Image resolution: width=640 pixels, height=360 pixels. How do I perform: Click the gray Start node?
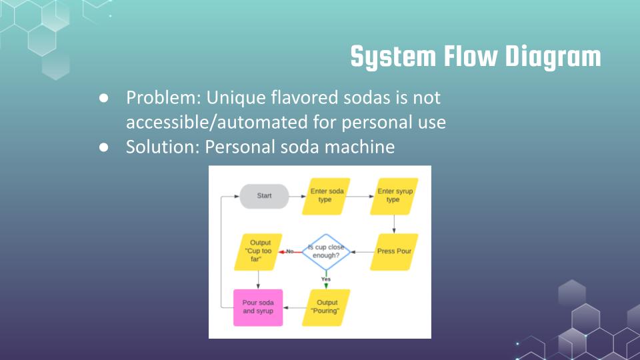click(x=264, y=196)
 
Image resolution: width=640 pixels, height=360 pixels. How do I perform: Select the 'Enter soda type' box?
click(x=326, y=196)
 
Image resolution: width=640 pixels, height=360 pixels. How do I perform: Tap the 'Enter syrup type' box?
click(x=394, y=196)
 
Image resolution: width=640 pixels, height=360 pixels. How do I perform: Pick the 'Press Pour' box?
click(x=394, y=252)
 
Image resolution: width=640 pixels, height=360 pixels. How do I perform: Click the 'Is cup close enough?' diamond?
click(x=326, y=252)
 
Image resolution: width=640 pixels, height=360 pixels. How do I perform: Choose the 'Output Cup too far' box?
click(x=258, y=252)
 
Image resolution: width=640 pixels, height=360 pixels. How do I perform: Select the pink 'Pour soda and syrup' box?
click(x=258, y=308)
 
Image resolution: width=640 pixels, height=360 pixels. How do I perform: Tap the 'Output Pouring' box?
click(x=326, y=308)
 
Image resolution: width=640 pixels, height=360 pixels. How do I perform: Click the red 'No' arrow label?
click(x=290, y=251)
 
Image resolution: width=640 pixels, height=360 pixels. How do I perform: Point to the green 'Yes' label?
click(x=326, y=279)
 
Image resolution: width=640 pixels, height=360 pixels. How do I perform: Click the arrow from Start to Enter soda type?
click(x=297, y=196)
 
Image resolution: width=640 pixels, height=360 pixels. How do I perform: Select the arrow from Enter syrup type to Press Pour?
click(x=394, y=224)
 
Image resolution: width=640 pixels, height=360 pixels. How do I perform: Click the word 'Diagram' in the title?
click(x=553, y=57)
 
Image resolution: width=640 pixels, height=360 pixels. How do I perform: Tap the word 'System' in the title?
click(x=393, y=57)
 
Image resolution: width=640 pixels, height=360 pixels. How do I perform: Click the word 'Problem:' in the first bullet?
click(x=163, y=98)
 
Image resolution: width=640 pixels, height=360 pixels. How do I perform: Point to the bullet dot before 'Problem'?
click(x=104, y=98)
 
